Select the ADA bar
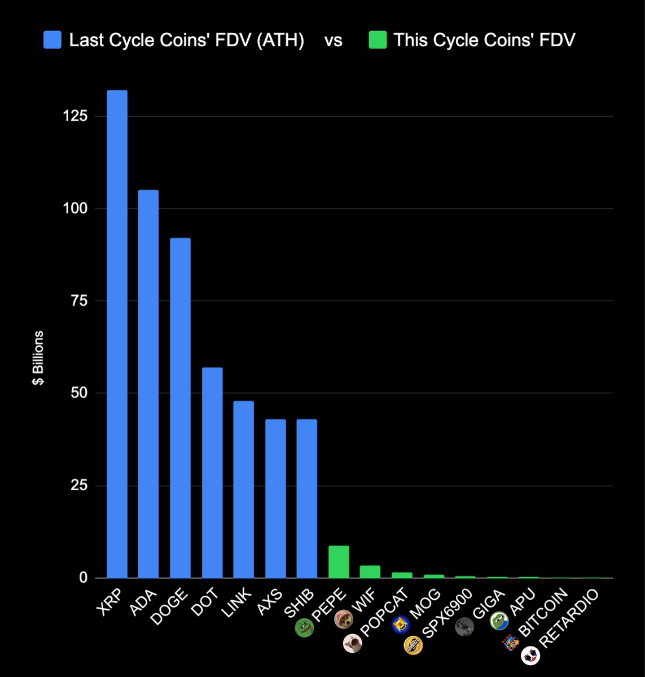pos(149,384)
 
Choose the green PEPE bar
pos(339,562)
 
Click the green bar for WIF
pos(370,572)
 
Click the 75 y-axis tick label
pos(79,301)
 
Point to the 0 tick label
pos(84,578)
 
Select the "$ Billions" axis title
pos(38,358)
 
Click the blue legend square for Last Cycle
pos(52,40)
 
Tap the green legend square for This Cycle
pos(378,40)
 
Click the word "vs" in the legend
pos(333,41)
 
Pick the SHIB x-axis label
pos(299,602)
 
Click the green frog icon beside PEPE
pos(305,628)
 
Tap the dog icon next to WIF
pos(344,619)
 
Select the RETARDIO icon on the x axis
pos(530,655)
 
